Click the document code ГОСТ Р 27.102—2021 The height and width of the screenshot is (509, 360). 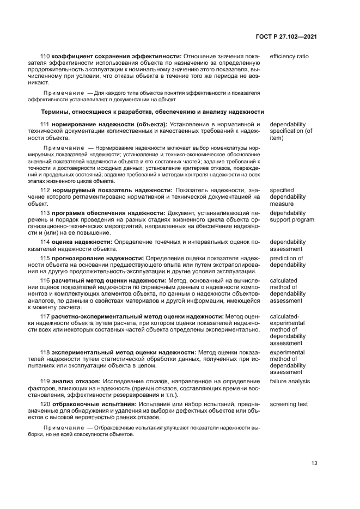click(286, 36)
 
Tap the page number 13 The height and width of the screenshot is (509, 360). click(314, 463)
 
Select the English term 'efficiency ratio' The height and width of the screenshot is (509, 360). click(289, 56)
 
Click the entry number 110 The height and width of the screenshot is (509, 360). click(46, 56)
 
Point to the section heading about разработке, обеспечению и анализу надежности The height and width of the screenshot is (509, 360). click(152, 112)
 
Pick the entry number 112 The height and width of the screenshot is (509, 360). click(46, 190)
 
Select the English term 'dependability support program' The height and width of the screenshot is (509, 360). click(291, 216)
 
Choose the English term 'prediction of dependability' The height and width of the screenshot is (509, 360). click(288, 261)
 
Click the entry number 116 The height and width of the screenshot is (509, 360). click(46, 281)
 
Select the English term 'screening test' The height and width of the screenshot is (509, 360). click(289, 404)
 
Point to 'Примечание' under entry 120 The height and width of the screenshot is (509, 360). click(63, 428)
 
